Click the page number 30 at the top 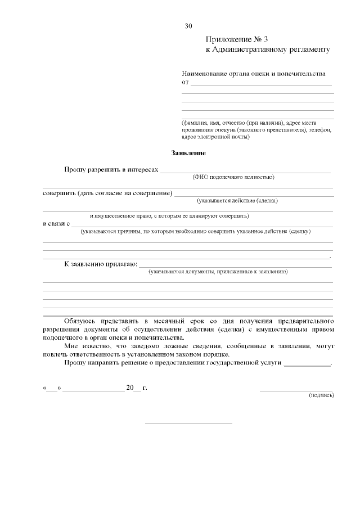click(188, 26)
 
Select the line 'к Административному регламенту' click(267, 49)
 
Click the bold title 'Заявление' click(188, 153)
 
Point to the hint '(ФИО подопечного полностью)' click(233, 177)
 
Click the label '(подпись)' click(321, 395)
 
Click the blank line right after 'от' click(262, 84)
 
